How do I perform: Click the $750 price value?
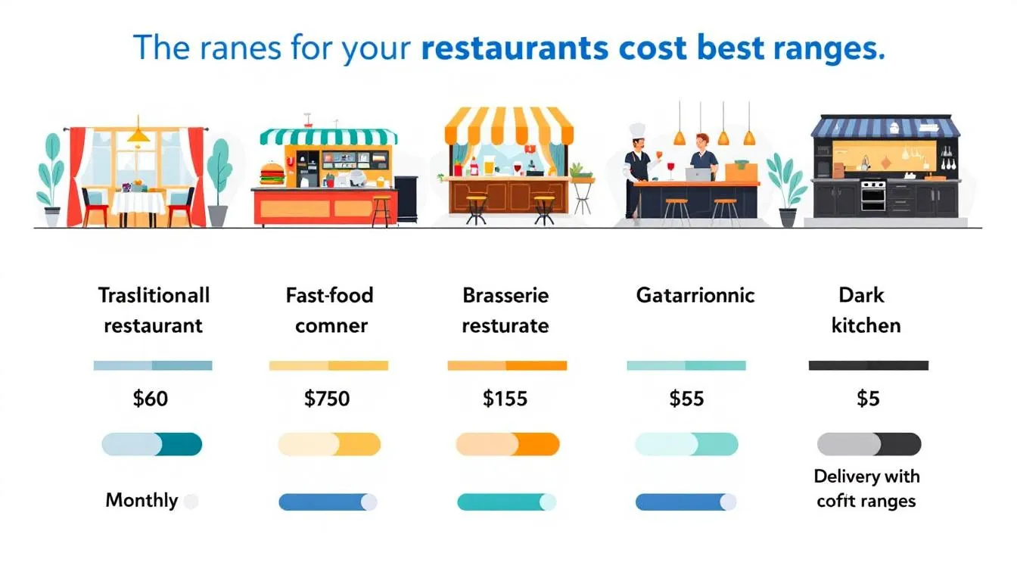(x=327, y=399)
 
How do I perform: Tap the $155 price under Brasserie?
(x=505, y=399)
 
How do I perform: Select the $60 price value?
(x=150, y=399)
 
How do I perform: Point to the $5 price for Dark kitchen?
(x=868, y=399)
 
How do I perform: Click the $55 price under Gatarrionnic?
(x=686, y=399)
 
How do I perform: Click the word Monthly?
(x=142, y=500)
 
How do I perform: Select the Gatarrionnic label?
(x=695, y=295)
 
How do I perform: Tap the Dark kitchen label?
(x=866, y=310)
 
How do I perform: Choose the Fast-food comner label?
(x=331, y=310)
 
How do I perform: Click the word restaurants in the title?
(x=515, y=48)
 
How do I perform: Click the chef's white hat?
(x=637, y=130)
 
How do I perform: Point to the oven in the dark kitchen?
(x=872, y=195)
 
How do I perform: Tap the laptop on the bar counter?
(x=697, y=175)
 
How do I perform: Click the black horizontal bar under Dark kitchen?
(x=868, y=365)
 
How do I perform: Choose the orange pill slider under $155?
(x=507, y=444)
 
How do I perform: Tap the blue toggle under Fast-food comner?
(x=328, y=502)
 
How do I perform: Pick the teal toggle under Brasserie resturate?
(x=506, y=502)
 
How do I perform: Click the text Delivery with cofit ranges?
(x=866, y=489)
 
